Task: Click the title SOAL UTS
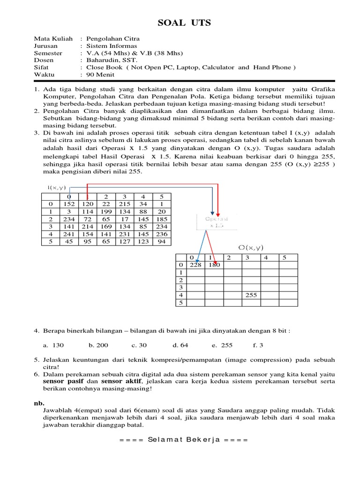point(180,23)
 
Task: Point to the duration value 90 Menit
point(97,74)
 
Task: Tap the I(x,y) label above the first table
point(57,187)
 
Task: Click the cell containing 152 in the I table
point(69,204)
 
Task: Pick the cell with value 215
point(124,204)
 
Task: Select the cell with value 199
point(106,211)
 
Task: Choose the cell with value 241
point(69,234)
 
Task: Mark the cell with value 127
point(124,241)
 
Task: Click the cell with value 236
point(161,234)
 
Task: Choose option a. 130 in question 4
point(53,345)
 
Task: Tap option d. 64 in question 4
point(180,345)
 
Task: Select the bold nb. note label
point(38,402)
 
